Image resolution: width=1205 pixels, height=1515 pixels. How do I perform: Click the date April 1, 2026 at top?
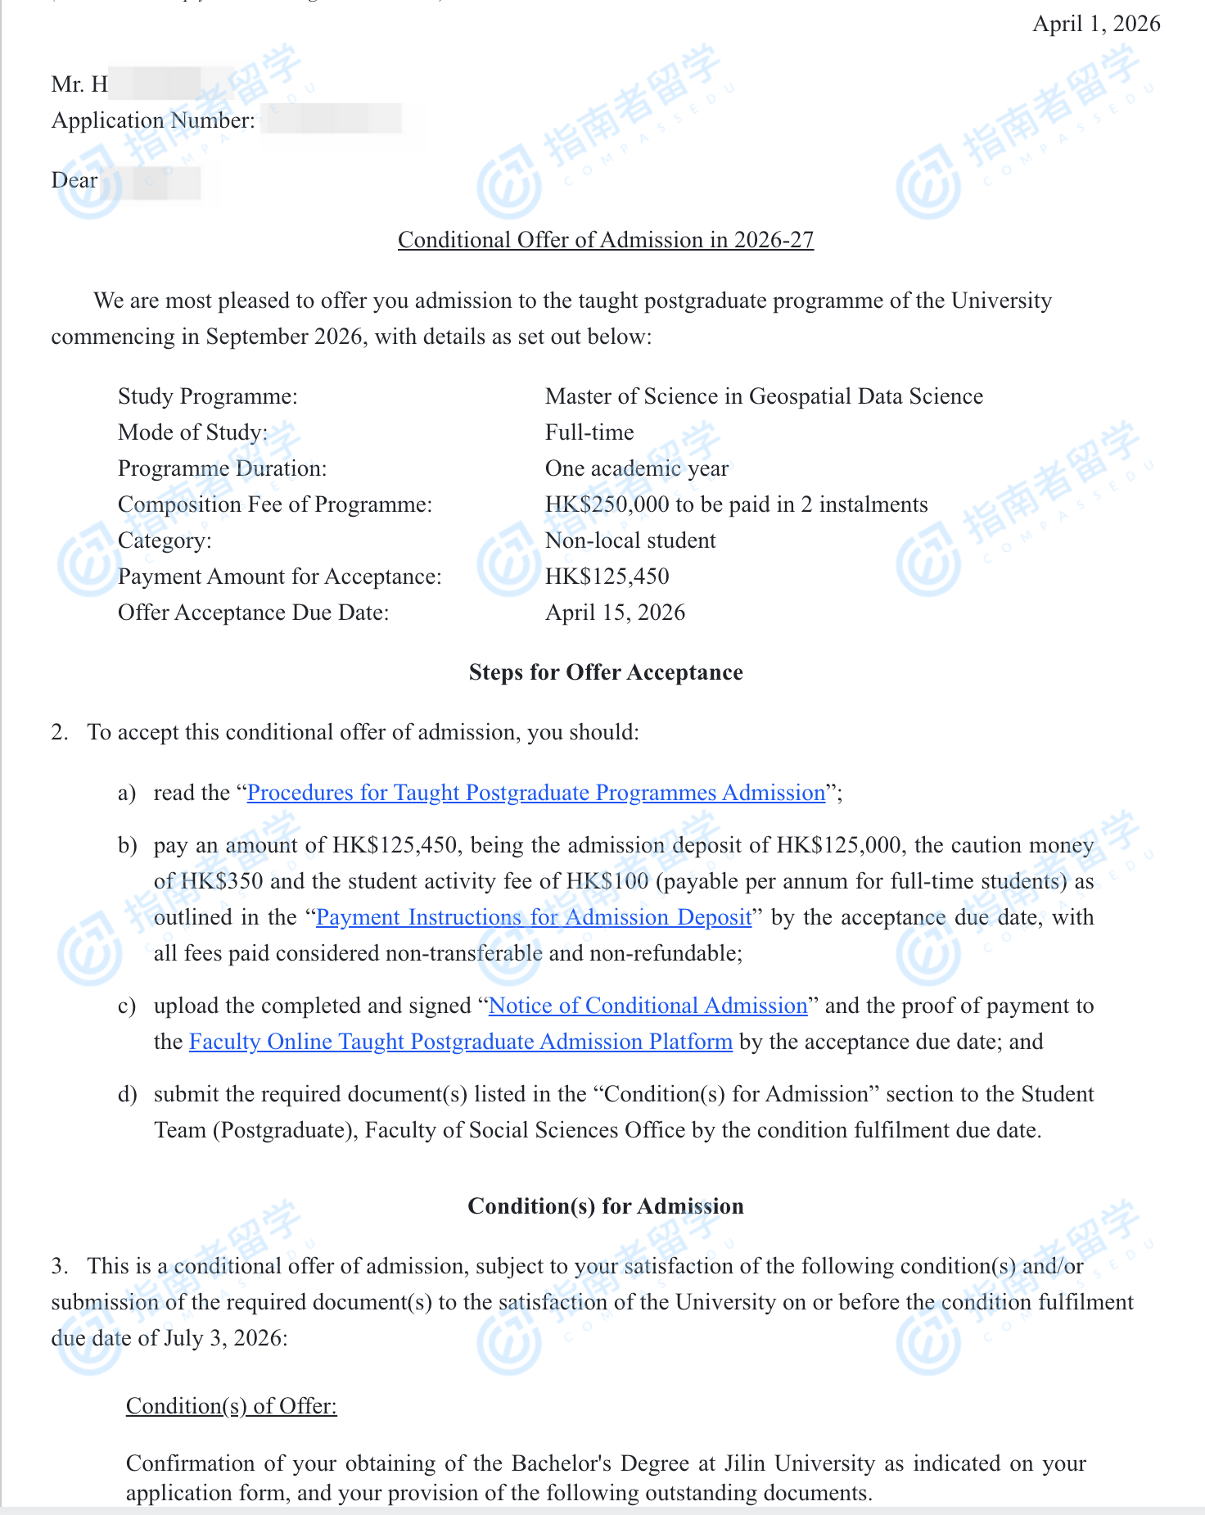coord(1095,24)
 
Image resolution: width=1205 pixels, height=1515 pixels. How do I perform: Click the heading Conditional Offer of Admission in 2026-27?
coord(605,240)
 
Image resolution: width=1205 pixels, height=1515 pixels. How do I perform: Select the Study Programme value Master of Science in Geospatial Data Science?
coord(763,396)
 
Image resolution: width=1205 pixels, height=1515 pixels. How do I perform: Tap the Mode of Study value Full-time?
coord(589,432)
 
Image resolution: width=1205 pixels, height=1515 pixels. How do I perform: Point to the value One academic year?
coord(636,468)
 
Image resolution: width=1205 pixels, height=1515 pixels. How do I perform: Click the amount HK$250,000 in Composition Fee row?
coord(607,504)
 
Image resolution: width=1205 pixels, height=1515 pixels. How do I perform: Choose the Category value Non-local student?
coord(630,540)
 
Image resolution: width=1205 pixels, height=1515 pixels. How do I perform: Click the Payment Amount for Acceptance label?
coord(279,577)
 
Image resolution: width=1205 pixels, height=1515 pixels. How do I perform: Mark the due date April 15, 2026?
coord(615,613)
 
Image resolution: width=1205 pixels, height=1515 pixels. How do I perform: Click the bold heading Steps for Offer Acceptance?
coord(605,672)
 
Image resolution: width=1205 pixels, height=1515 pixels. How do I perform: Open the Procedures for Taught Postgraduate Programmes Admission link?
coord(535,793)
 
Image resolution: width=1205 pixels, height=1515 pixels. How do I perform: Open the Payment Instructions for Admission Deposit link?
coord(533,917)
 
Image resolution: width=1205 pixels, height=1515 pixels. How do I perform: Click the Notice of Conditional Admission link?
coord(648,1006)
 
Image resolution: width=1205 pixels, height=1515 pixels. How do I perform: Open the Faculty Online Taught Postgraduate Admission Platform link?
coord(460,1042)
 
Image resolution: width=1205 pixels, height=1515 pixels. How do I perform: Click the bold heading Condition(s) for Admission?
coord(605,1206)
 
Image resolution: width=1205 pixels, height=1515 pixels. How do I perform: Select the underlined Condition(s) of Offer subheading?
coord(231,1406)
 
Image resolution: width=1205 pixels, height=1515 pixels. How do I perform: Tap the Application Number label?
coord(153,120)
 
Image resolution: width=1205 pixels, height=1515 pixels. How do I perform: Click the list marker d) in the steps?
coord(127,1094)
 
